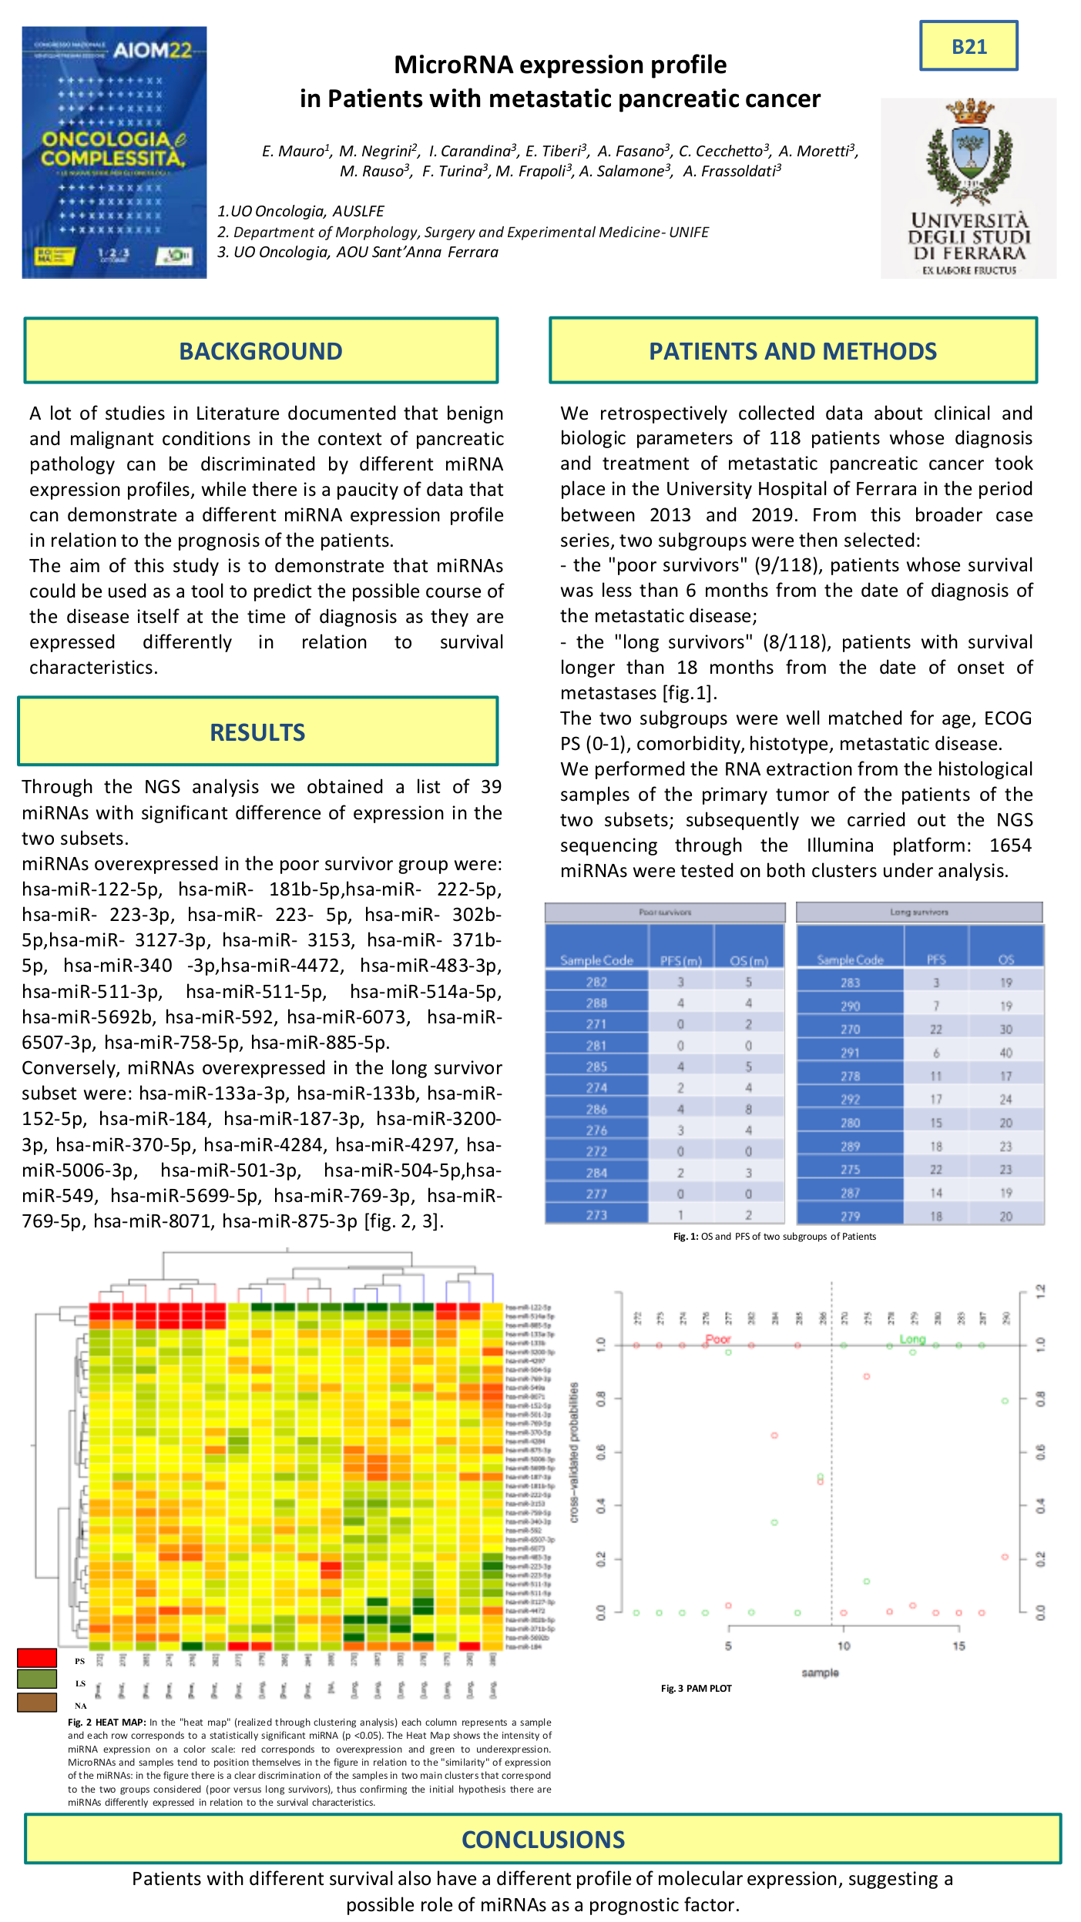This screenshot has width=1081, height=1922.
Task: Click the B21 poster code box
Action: (969, 46)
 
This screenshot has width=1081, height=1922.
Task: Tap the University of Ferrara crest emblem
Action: (969, 150)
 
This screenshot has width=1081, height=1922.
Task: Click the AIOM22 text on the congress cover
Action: (152, 50)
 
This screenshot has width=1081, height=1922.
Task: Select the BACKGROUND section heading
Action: (260, 351)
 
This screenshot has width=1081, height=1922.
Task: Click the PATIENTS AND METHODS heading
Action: (792, 351)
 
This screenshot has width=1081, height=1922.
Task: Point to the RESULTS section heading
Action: (257, 732)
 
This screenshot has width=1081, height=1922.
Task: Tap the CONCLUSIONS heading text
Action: (542, 1840)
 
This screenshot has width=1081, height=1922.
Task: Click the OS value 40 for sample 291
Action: (1005, 1053)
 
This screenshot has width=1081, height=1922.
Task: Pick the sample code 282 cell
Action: (596, 982)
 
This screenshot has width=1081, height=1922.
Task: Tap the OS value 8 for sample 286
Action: (748, 1109)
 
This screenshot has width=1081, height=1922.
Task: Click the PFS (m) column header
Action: (681, 960)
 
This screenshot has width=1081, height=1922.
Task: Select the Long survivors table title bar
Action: (918, 912)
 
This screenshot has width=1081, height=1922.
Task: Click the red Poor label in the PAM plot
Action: (718, 1339)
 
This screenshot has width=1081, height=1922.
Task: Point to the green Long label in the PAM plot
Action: (912, 1339)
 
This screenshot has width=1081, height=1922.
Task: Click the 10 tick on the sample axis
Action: (844, 1646)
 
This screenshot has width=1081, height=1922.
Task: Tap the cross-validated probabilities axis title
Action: (574, 1452)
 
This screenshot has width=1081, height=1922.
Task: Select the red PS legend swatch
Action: (37, 1657)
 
